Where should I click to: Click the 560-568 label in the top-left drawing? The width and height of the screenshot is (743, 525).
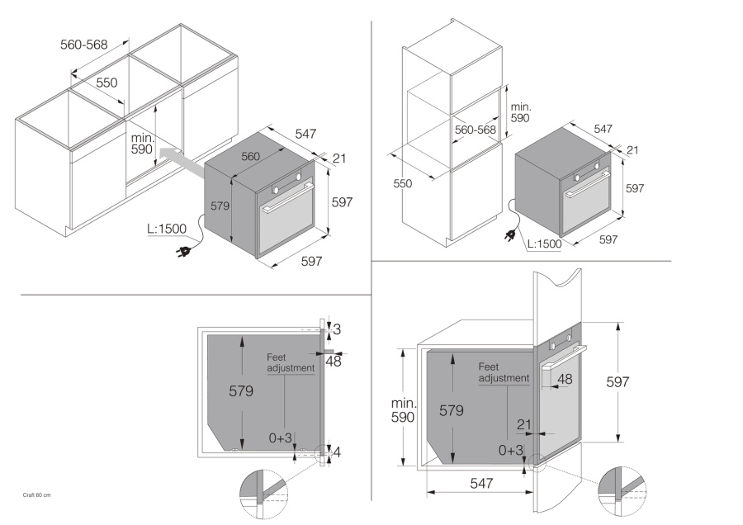click(84, 45)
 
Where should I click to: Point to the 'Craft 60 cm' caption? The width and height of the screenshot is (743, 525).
click(36, 494)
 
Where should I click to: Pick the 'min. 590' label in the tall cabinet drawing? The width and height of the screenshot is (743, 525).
click(520, 113)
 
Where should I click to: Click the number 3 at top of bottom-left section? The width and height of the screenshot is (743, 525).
click(337, 329)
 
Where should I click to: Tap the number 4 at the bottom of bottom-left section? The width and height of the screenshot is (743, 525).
click(337, 452)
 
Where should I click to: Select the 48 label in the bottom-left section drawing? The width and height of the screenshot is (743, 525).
click(334, 360)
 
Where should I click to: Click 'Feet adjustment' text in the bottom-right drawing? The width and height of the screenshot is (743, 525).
click(504, 372)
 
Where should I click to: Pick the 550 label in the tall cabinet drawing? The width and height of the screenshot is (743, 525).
click(402, 184)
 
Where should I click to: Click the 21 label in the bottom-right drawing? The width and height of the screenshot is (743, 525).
click(523, 423)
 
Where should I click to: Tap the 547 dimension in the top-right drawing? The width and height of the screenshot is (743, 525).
click(603, 129)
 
